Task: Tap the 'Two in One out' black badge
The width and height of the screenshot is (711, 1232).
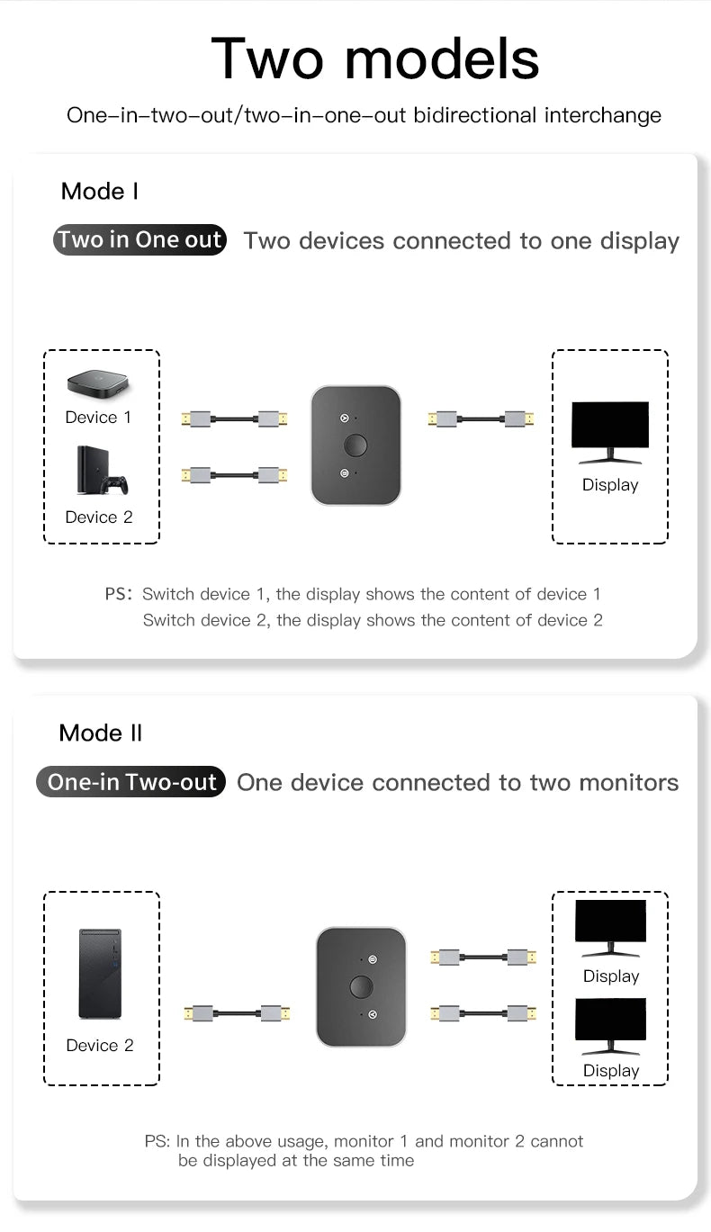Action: (139, 240)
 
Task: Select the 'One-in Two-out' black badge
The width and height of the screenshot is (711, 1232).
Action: (131, 782)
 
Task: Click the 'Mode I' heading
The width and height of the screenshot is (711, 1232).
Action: (100, 191)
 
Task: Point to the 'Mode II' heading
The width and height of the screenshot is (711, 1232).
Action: (101, 733)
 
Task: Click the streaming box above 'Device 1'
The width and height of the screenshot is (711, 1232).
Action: (100, 384)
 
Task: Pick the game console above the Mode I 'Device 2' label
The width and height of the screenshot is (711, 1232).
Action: (100, 471)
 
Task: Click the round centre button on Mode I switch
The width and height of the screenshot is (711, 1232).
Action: (356, 445)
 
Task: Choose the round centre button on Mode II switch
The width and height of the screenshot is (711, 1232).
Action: (361, 986)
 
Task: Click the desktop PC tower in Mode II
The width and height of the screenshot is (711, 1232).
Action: (100, 975)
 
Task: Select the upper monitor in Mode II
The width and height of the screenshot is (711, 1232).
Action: (611, 926)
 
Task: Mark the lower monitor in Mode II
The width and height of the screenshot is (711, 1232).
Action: (611, 1025)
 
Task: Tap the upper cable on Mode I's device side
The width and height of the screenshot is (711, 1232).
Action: (235, 418)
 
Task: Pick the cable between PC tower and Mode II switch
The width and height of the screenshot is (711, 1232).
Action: (237, 1013)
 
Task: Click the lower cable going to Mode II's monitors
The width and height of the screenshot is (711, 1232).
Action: (483, 1013)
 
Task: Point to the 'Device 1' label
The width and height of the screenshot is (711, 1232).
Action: (98, 418)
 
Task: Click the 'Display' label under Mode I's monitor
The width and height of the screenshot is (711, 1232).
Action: (610, 485)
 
